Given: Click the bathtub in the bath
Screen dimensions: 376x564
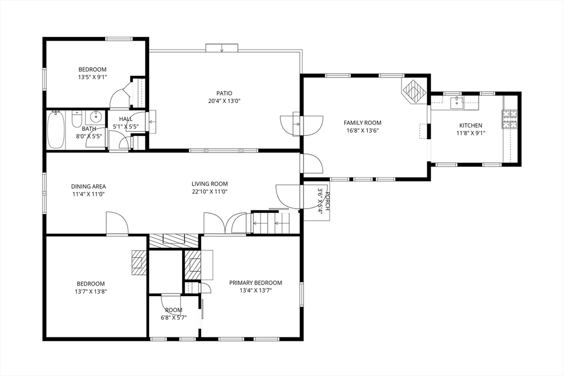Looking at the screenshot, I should point(56,130).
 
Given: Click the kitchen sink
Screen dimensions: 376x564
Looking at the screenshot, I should point(457,102).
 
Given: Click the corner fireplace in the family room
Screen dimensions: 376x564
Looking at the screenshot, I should point(414,90).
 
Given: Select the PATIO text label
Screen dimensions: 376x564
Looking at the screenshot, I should point(224,94).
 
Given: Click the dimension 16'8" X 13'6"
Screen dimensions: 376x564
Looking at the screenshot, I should point(362,131).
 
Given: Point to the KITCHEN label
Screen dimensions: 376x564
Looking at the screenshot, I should point(470,126).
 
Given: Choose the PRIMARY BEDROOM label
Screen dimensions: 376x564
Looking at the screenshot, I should point(256,283).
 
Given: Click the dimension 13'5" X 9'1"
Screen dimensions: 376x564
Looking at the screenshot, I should point(92,78).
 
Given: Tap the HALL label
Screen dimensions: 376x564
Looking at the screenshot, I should point(126,119).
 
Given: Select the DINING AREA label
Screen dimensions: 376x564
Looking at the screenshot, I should point(88,186).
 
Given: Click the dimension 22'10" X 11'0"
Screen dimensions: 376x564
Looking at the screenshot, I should point(209,192).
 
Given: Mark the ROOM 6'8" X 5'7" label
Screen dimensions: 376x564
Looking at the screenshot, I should point(173,314).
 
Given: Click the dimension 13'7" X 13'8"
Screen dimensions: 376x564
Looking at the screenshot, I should point(90,292).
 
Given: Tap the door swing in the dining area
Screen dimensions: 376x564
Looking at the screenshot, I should point(117,224).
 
